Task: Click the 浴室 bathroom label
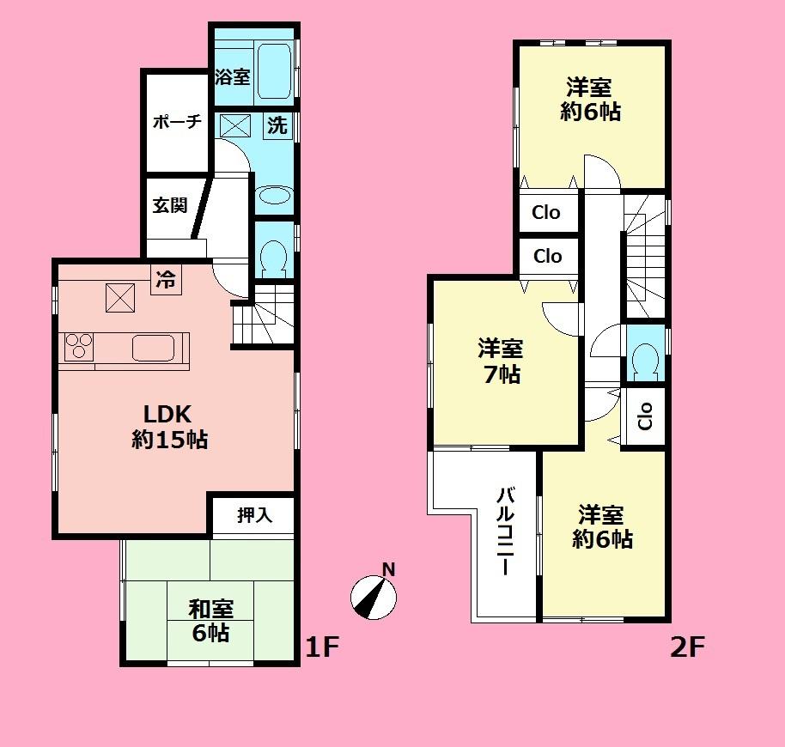coord(232,77)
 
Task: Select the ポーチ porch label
coord(177,122)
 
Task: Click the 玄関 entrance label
coord(170,206)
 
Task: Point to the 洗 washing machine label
coord(277,125)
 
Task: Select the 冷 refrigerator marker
coord(166,279)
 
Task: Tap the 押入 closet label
coord(254,515)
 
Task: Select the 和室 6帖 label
coord(210,621)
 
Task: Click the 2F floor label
coord(687,647)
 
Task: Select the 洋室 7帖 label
coord(500,361)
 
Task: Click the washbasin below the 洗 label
coord(275,195)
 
